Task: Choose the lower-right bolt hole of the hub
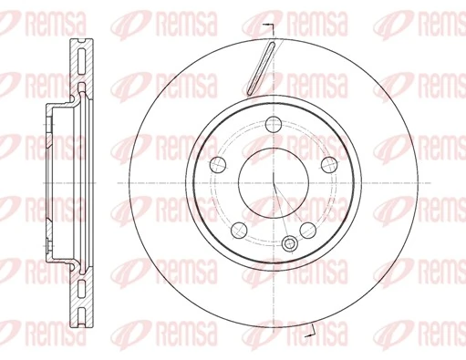click(x=307, y=229)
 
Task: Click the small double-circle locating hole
click(x=291, y=243)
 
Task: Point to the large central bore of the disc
click(x=274, y=182)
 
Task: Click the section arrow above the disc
click(x=270, y=25)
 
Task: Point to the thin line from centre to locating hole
click(x=282, y=213)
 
